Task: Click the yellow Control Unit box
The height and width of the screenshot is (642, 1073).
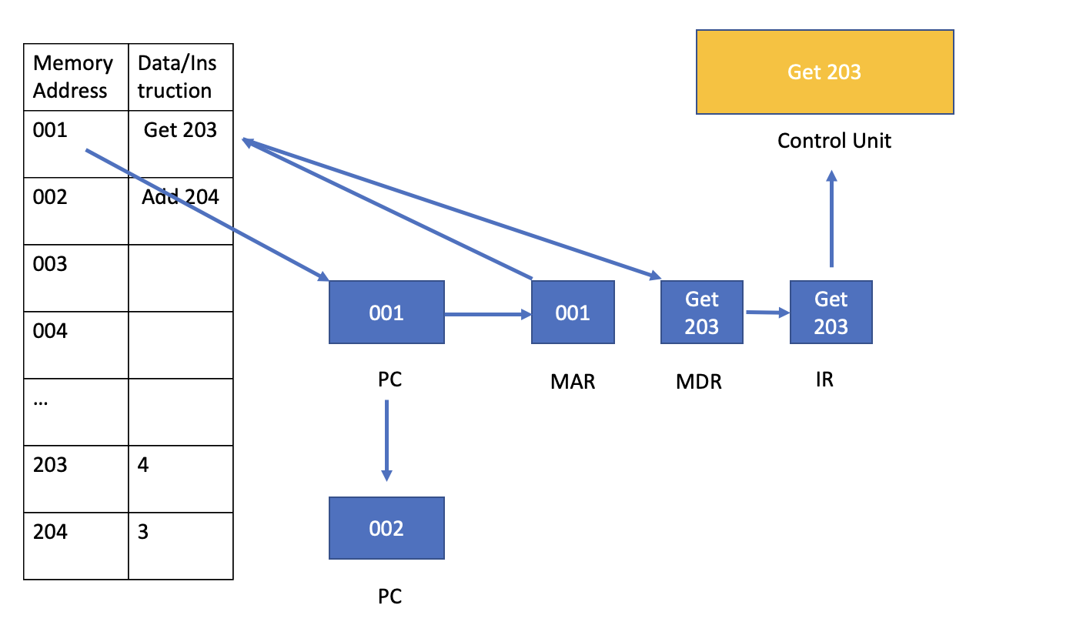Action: tap(824, 72)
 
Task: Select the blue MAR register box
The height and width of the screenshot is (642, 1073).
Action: tap(573, 312)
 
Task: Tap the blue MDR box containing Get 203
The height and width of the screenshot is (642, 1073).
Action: tap(702, 312)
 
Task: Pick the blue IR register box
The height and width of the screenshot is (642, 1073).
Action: tap(831, 312)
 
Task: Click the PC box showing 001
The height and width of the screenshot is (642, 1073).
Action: tap(386, 312)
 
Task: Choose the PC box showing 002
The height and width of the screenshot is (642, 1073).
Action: tap(386, 528)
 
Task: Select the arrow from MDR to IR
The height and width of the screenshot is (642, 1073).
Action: tap(767, 313)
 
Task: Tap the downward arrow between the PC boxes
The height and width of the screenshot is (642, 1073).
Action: tap(386, 439)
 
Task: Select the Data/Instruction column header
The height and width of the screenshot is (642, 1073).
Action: tap(180, 77)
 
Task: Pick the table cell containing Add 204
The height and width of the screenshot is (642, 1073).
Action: tap(180, 210)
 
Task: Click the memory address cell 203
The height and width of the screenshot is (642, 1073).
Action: tap(75, 478)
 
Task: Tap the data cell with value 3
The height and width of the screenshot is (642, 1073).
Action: tap(180, 545)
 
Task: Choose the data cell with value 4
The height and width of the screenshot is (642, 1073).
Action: tap(180, 478)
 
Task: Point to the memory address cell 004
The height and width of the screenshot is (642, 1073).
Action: tap(75, 344)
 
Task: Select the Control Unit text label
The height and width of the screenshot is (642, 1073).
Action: tap(834, 141)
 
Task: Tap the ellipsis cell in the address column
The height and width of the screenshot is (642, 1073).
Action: tap(75, 411)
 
